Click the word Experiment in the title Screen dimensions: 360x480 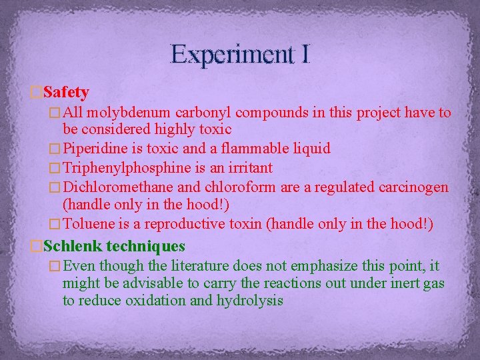point(231,54)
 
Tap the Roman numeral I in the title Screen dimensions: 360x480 point(305,54)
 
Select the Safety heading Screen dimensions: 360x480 point(66,91)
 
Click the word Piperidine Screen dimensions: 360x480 point(93,148)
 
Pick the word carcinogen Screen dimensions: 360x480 point(411,187)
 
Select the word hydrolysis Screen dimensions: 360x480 point(250,300)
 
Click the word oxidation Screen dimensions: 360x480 point(151,300)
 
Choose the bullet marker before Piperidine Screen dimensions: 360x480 point(56,148)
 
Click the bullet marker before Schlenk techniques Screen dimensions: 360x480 point(37,247)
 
